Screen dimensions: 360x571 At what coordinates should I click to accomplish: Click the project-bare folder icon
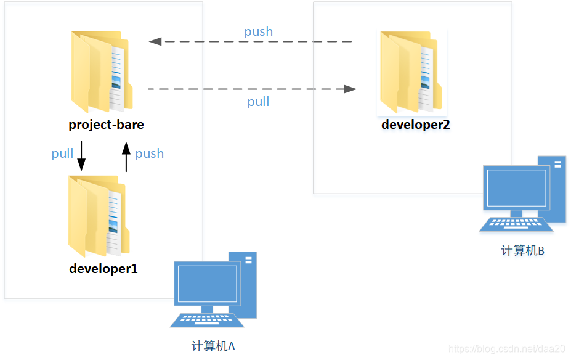coord(100,72)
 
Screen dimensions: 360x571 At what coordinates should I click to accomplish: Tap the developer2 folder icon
coord(409,72)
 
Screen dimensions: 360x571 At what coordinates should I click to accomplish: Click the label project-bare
coord(106,125)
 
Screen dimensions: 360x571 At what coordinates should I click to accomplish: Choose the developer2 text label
coord(416,125)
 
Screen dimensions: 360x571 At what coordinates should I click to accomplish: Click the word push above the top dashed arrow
coord(258,31)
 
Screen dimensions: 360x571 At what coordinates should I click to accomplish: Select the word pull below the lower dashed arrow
coord(258,102)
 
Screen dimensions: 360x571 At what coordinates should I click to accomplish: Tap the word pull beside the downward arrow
coord(62,153)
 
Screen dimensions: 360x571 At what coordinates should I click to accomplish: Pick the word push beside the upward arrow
coord(149,153)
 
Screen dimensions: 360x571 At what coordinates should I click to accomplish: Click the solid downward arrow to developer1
coord(81,157)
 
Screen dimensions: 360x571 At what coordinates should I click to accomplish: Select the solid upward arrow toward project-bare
coord(126,157)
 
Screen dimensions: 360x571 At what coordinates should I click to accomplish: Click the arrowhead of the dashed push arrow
coord(155,41)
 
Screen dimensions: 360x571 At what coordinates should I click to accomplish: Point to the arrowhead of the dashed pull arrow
coord(350,89)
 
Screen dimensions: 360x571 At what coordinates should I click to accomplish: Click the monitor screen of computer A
coord(206,283)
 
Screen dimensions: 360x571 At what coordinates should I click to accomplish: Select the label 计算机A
coord(213,346)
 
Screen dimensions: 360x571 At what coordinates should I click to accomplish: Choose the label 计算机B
coord(522,251)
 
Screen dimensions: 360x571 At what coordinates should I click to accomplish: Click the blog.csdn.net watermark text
coord(507,349)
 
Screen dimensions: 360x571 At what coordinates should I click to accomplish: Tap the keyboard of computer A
coord(206,320)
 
